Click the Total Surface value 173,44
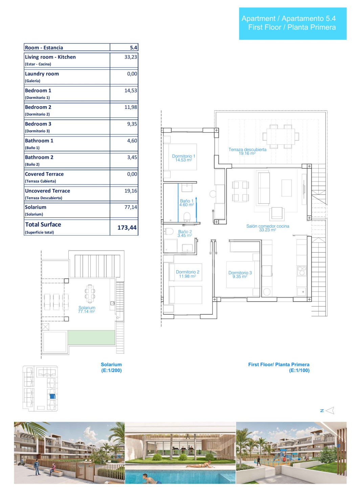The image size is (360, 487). pos(127,228)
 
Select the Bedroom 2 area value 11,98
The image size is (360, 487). pos(131,107)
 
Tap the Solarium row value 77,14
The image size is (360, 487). pos(131,207)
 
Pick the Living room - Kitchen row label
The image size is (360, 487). pos(50,57)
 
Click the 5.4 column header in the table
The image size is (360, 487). pos(134,48)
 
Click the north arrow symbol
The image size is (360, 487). pos(330,410)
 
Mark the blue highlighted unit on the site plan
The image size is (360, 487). pos(52,396)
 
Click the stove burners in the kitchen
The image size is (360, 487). pos(301,271)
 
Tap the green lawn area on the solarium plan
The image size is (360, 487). pos(91,337)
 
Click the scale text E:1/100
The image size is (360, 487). pos(299,370)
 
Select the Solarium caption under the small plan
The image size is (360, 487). pos(111,365)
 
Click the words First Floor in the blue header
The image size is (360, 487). pos(265,27)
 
